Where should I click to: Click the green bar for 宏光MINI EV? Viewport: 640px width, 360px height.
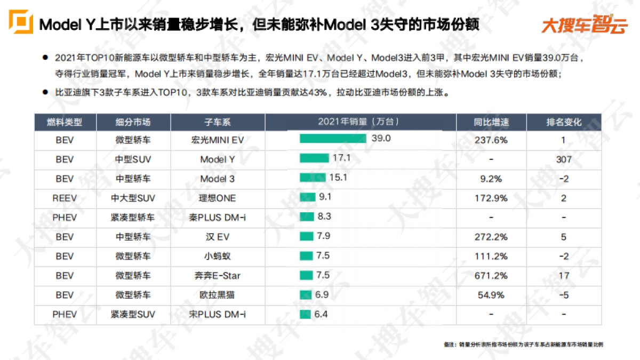tap(333, 139)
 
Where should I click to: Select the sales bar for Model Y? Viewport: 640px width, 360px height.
tap(314, 158)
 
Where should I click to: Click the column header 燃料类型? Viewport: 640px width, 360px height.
tap(65, 122)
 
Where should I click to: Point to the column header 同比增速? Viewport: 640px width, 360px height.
tap(491, 122)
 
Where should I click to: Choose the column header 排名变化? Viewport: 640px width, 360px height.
tap(564, 122)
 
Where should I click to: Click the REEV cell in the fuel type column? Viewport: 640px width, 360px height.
tap(65, 198)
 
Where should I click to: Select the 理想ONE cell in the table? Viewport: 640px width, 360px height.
tap(218, 198)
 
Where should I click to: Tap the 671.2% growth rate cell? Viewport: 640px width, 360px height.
tap(491, 276)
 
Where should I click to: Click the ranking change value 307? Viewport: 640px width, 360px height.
tap(564, 159)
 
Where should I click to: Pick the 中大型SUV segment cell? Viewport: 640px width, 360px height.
tap(133, 198)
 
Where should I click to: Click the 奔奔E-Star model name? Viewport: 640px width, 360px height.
tap(218, 276)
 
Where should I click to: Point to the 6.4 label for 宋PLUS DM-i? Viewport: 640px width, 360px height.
tap(321, 314)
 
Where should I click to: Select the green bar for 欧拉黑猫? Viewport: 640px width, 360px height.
tap(306, 295)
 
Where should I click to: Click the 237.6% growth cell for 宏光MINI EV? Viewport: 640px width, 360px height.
tap(491, 140)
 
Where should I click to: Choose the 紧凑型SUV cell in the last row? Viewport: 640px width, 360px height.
tap(133, 314)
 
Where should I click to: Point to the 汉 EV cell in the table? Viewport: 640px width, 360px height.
tap(218, 237)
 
